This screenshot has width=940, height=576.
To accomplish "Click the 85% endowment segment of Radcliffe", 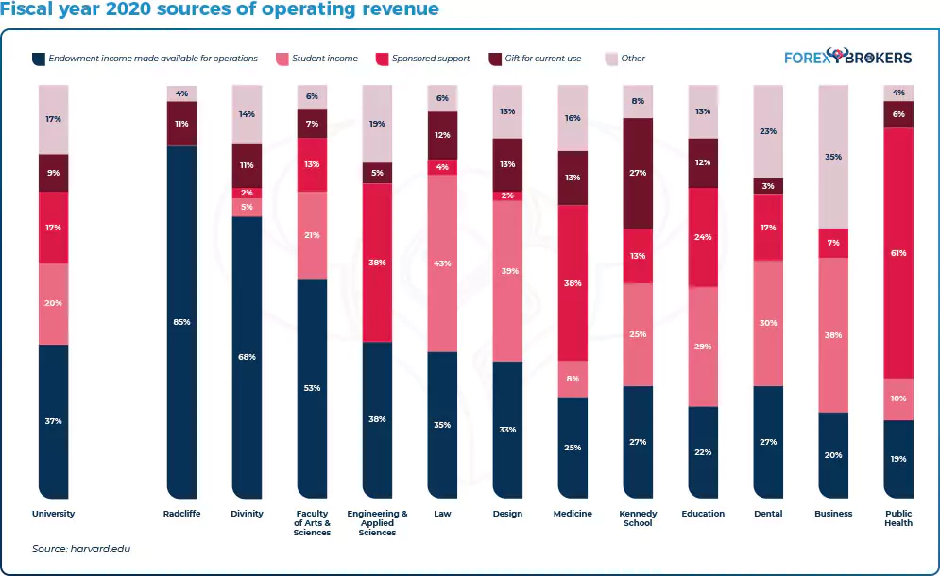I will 181,321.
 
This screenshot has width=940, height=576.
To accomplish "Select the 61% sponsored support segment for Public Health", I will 898,253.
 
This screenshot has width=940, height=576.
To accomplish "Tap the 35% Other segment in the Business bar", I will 833,157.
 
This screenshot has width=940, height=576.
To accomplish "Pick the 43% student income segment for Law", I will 442,263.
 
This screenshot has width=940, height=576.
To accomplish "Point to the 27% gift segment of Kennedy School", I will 638,173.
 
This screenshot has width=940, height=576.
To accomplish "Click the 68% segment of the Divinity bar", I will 247,356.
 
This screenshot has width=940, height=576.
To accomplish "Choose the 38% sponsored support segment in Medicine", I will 573,282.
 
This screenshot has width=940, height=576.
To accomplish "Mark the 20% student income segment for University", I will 53,304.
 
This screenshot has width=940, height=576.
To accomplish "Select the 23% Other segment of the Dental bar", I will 769,131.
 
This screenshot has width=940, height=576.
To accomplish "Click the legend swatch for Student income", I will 281,59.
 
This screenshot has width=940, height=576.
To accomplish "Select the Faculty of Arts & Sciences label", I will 312,523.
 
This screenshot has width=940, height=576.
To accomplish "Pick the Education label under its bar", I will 703,514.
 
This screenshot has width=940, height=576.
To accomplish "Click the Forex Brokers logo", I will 848,57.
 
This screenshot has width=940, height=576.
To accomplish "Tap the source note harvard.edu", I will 81,549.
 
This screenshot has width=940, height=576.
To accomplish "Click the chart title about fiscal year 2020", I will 220,10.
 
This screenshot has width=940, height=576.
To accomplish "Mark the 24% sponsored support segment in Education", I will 703,237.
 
